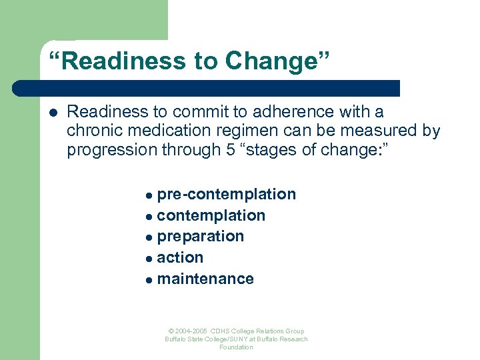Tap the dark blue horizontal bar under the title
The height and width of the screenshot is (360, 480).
[207, 89]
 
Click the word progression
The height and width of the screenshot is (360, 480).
[111, 150]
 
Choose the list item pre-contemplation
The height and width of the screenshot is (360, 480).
[226, 194]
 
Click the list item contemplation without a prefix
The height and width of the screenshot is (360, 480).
[211, 215]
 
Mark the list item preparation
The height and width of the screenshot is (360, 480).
[200, 236]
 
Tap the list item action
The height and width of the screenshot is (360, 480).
[180, 257]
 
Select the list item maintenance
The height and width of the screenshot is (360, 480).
[205, 279]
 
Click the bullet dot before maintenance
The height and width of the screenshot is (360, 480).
[149, 279]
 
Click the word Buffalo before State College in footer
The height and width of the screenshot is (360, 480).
[177, 339]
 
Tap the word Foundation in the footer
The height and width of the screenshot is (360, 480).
[236, 347]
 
